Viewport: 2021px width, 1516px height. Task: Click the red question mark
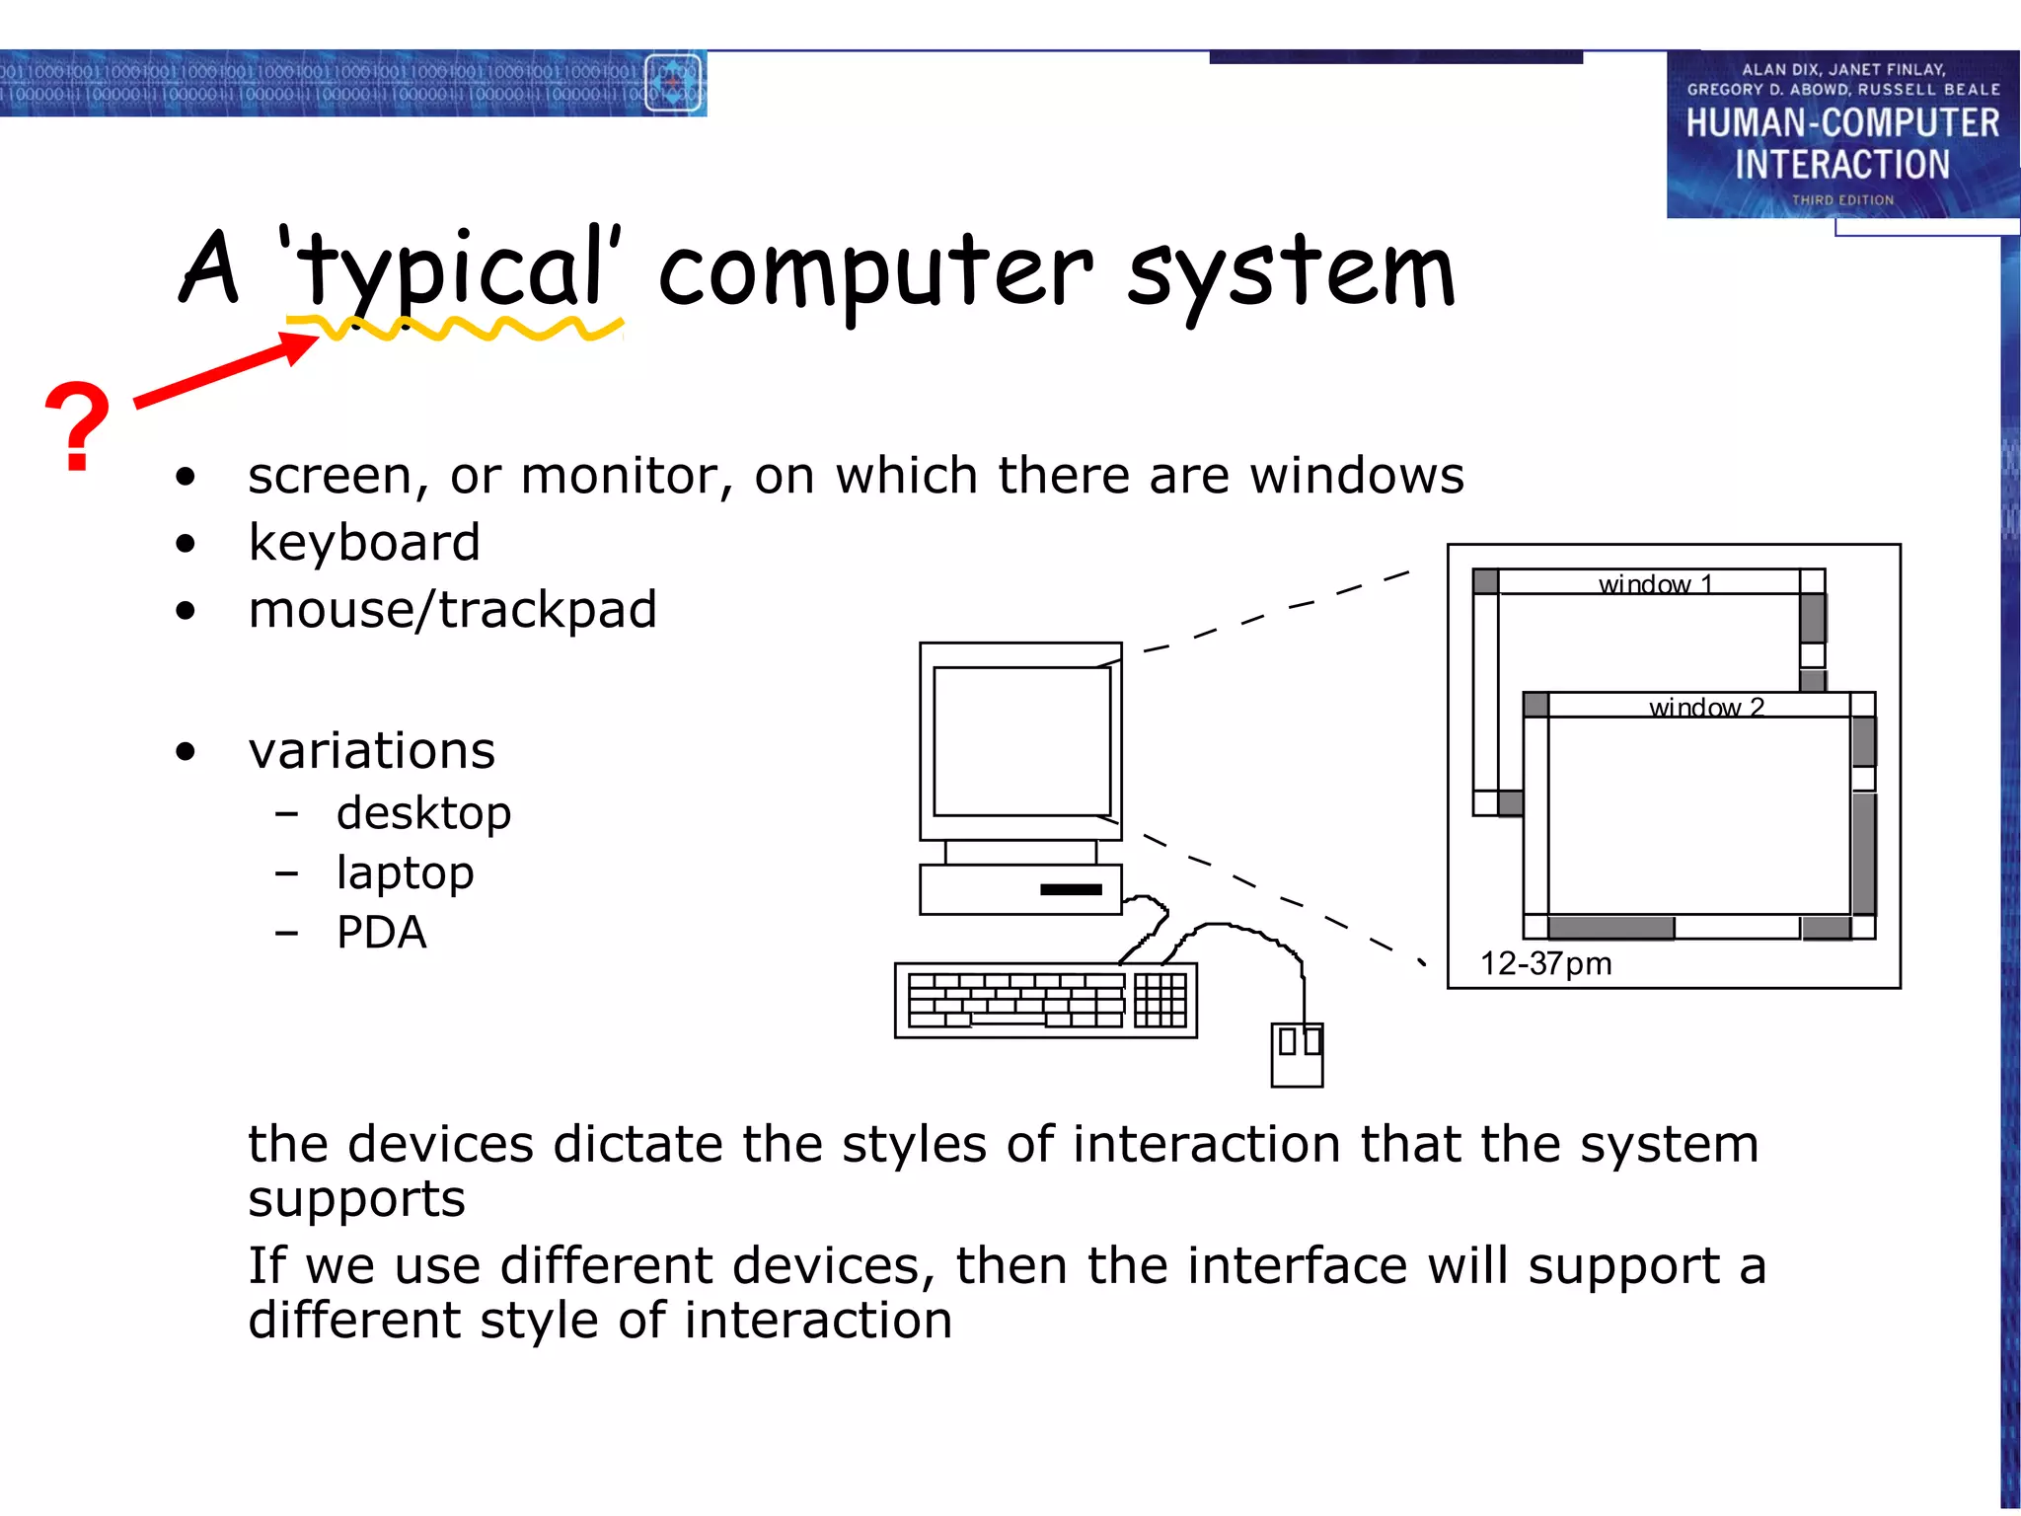[x=77, y=425]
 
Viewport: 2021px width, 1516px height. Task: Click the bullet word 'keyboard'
[x=364, y=543]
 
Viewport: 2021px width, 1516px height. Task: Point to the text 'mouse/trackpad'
[x=452, y=610]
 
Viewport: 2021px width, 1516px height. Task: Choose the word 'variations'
[x=371, y=751]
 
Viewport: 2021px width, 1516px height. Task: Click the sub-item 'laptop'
[x=405, y=872]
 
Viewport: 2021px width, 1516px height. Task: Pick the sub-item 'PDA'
[x=381, y=933]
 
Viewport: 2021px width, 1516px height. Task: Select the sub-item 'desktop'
[x=423, y=813]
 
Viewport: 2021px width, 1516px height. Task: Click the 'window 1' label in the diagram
[x=1655, y=583]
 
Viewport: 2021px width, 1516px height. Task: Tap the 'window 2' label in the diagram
[x=1706, y=707]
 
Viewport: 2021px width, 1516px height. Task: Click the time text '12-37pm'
[x=1545, y=963]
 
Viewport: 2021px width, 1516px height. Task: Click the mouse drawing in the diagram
[x=1297, y=1054]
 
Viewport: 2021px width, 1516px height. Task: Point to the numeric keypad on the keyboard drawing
[x=1160, y=1000]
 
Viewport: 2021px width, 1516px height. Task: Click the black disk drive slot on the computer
[x=1071, y=889]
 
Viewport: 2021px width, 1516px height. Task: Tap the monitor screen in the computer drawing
[x=1021, y=740]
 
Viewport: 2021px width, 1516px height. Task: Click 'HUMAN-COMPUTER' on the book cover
[x=1841, y=123]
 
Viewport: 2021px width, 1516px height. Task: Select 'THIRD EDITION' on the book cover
[x=1842, y=200]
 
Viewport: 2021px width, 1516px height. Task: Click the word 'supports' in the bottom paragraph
[x=356, y=1200]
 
